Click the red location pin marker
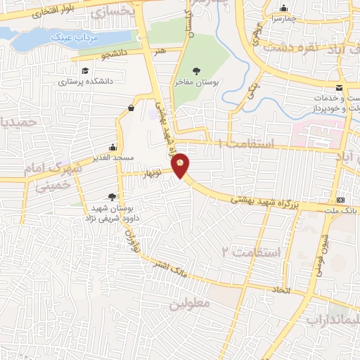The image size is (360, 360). (x=181, y=165)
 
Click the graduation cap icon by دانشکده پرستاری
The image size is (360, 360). (x=86, y=71)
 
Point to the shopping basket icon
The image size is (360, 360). (x=131, y=108)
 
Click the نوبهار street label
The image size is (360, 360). (x=153, y=172)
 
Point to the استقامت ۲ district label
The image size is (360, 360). (x=252, y=251)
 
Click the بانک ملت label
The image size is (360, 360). (x=347, y=210)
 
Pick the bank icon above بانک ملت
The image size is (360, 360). (x=341, y=199)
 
